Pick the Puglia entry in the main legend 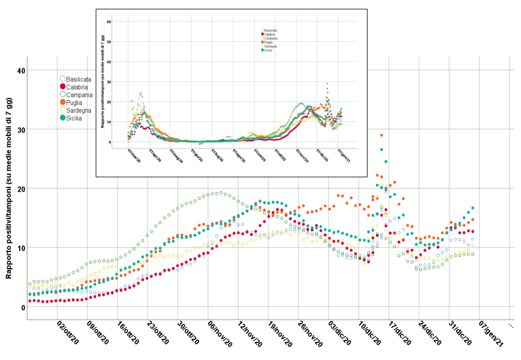click(72, 102)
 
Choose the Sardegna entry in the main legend click(75, 111)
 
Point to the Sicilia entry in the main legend click(71, 118)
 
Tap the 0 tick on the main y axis click(23, 307)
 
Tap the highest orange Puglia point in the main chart click(381, 135)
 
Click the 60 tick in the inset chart click(109, 21)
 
